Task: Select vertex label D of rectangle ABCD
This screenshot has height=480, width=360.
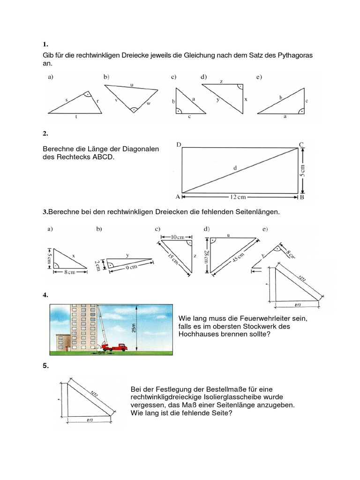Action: pos(179,144)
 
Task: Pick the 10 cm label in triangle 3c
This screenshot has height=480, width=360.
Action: pos(178,237)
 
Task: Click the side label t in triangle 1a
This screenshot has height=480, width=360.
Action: pos(76,117)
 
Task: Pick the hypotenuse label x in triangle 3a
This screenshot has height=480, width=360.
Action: pos(74,255)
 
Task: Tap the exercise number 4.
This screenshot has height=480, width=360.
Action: pos(45,295)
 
